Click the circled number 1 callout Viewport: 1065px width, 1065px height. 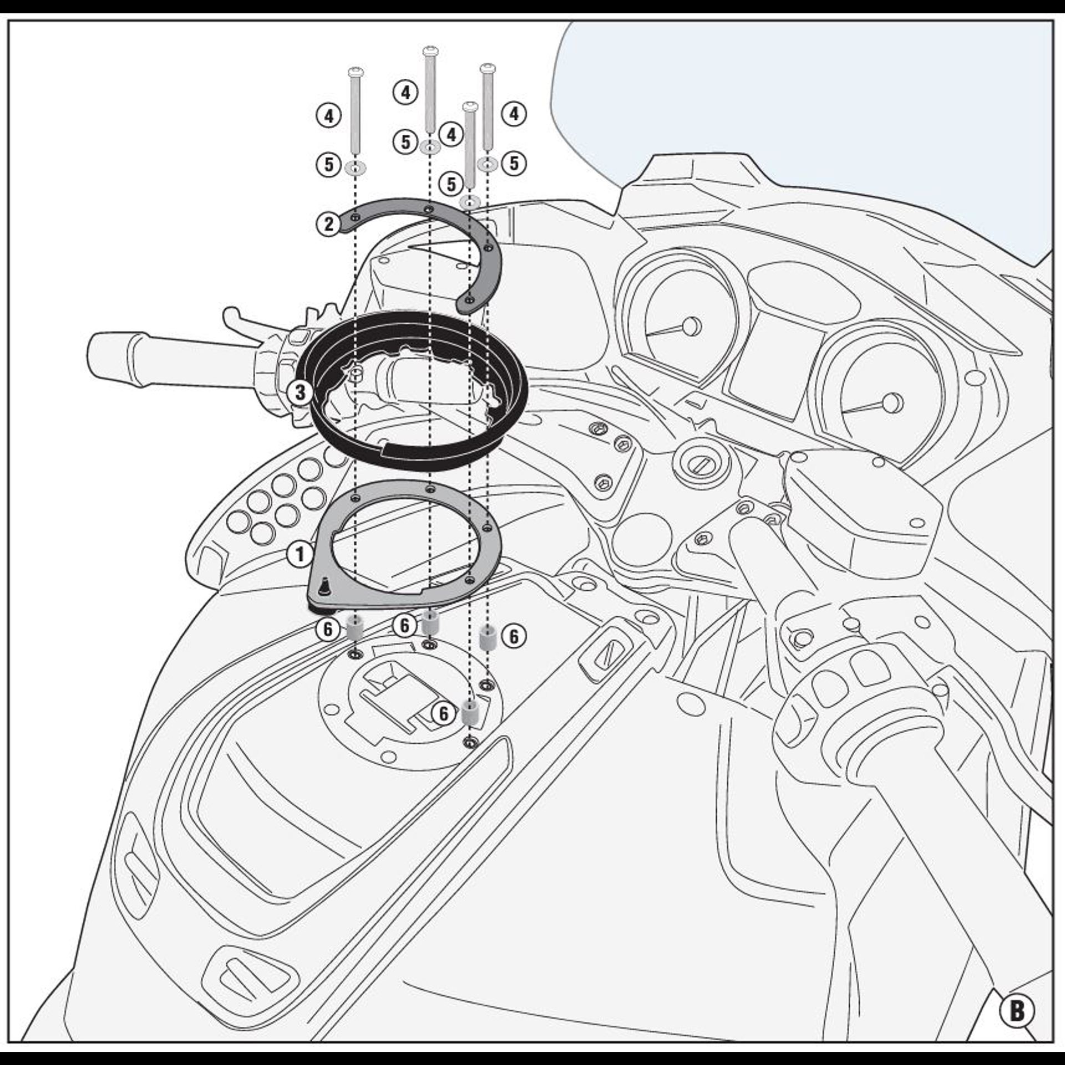pos(300,554)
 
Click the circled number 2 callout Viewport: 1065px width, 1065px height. pos(329,224)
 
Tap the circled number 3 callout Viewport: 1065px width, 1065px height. pos(300,393)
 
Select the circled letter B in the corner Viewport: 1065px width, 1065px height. pos(1017,1011)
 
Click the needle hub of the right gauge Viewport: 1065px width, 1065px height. pos(891,400)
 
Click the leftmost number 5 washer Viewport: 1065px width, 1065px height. pos(354,167)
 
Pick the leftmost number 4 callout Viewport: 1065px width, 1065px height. pos(329,116)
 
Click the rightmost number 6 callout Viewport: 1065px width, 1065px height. pos(514,637)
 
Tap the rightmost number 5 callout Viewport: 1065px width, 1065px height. pos(514,164)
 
